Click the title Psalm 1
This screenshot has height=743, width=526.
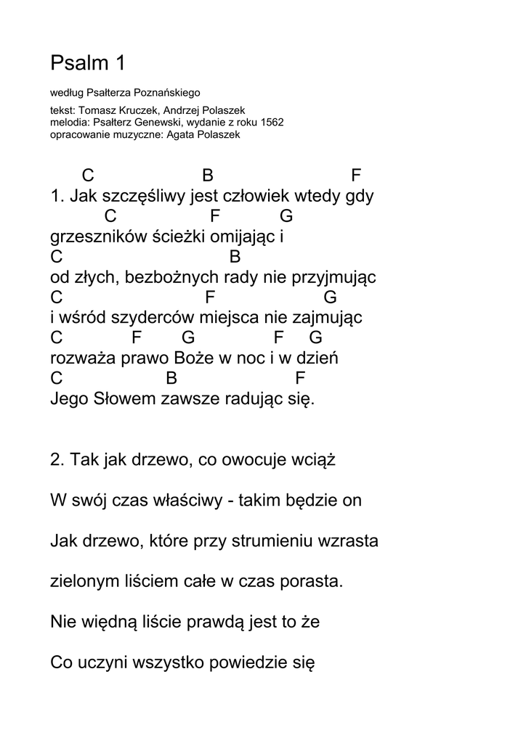pyautogui.click(x=88, y=64)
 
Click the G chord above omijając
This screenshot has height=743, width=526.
pyautogui.click(x=286, y=216)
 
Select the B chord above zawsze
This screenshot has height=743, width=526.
pyautogui.click(x=171, y=379)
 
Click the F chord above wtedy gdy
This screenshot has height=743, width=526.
pyautogui.click(x=356, y=176)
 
